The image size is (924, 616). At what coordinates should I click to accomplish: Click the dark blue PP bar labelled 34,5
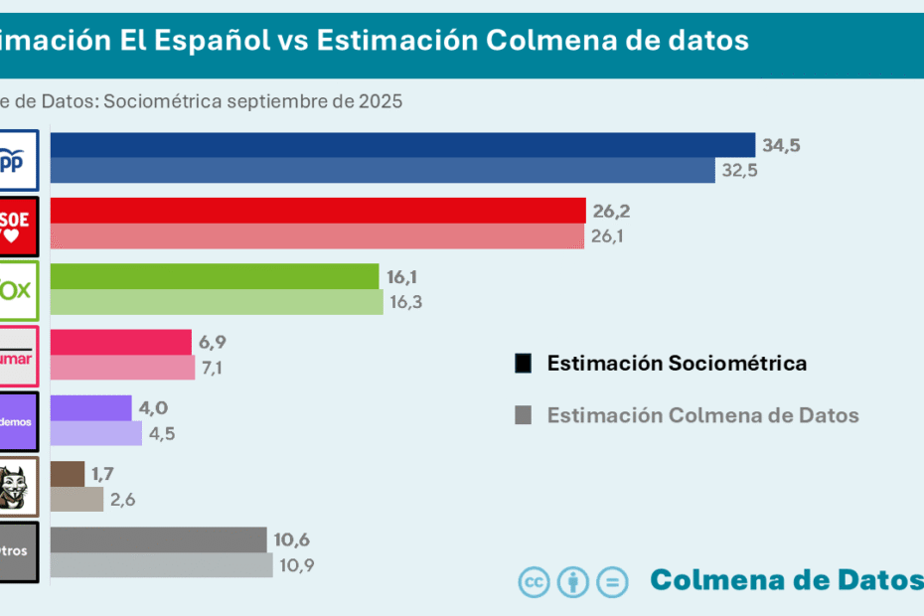(x=402, y=145)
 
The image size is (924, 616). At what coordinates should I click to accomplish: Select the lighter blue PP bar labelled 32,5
(x=383, y=171)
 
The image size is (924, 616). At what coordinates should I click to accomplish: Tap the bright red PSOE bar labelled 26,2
(x=318, y=211)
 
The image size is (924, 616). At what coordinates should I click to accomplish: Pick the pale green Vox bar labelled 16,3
(x=217, y=302)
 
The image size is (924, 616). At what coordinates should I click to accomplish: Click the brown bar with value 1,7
(x=68, y=473)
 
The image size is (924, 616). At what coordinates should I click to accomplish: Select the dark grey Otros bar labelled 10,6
(x=159, y=539)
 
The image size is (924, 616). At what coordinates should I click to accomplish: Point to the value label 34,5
(x=781, y=145)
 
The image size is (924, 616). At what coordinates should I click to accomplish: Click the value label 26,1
(x=610, y=236)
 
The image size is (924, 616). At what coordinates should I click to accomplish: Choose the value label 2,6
(x=123, y=499)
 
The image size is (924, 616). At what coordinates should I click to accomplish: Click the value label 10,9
(x=295, y=565)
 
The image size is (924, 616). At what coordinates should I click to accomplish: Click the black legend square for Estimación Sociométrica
(x=524, y=363)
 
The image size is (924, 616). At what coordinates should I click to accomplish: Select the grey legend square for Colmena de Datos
(x=524, y=415)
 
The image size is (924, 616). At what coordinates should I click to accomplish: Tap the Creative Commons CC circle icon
(x=534, y=582)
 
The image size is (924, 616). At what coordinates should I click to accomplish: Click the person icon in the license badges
(x=573, y=582)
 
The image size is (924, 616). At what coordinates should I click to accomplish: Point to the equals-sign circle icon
(x=612, y=582)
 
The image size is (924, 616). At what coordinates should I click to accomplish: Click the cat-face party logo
(x=20, y=486)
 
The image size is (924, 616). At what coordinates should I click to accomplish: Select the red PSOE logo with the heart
(x=19, y=224)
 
